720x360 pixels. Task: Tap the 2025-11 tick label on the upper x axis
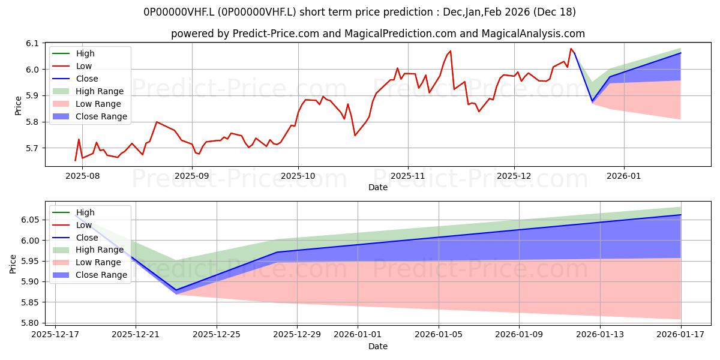[x=408, y=176]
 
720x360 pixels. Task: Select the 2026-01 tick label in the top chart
[x=624, y=176]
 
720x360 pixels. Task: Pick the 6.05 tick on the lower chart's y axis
[x=29, y=220]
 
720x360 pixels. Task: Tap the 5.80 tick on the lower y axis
[x=29, y=323]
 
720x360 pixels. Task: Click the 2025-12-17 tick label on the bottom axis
[x=55, y=335]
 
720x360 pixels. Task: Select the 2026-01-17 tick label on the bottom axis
[x=681, y=335]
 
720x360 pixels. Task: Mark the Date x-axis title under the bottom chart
[x=378, y=346]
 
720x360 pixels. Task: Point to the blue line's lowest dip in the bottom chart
[x=176, y=290]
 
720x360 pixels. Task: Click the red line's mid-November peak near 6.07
[x=450, y=51]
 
